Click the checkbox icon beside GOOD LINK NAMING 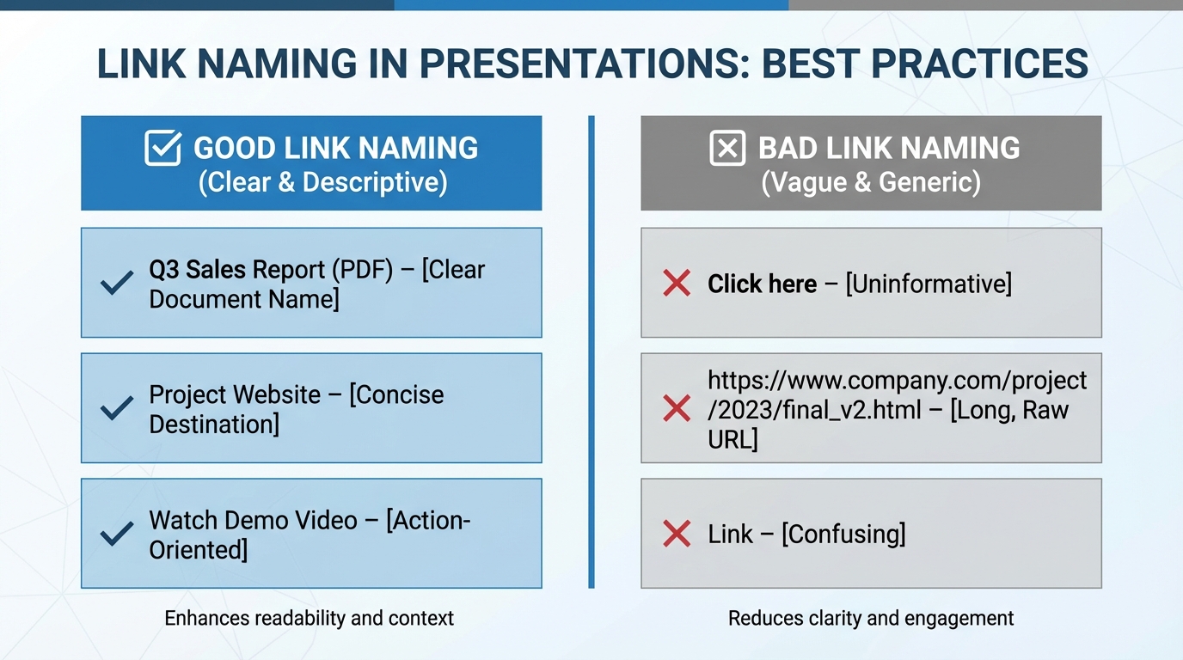(x=162, y=148)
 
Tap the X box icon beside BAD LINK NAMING (x=727, y=148)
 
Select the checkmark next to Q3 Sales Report (x=117, y=283)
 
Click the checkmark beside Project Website (x=117, y=408)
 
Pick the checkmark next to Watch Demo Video (x=117, y=534)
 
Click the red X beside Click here (x=677, y=283)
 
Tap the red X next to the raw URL (x=677, y=409)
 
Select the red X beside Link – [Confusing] (x=677, y=534)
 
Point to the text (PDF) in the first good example (x=361, y=269)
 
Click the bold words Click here (x=762, y=284)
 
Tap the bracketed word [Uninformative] (x=929, y=284)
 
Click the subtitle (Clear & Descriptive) (x=322, y=182)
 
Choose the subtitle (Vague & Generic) (x=871, y=182)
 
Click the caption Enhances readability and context (x=309, y=618)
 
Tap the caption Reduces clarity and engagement (x=871, y=618)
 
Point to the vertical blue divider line (x=591, y=352)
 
